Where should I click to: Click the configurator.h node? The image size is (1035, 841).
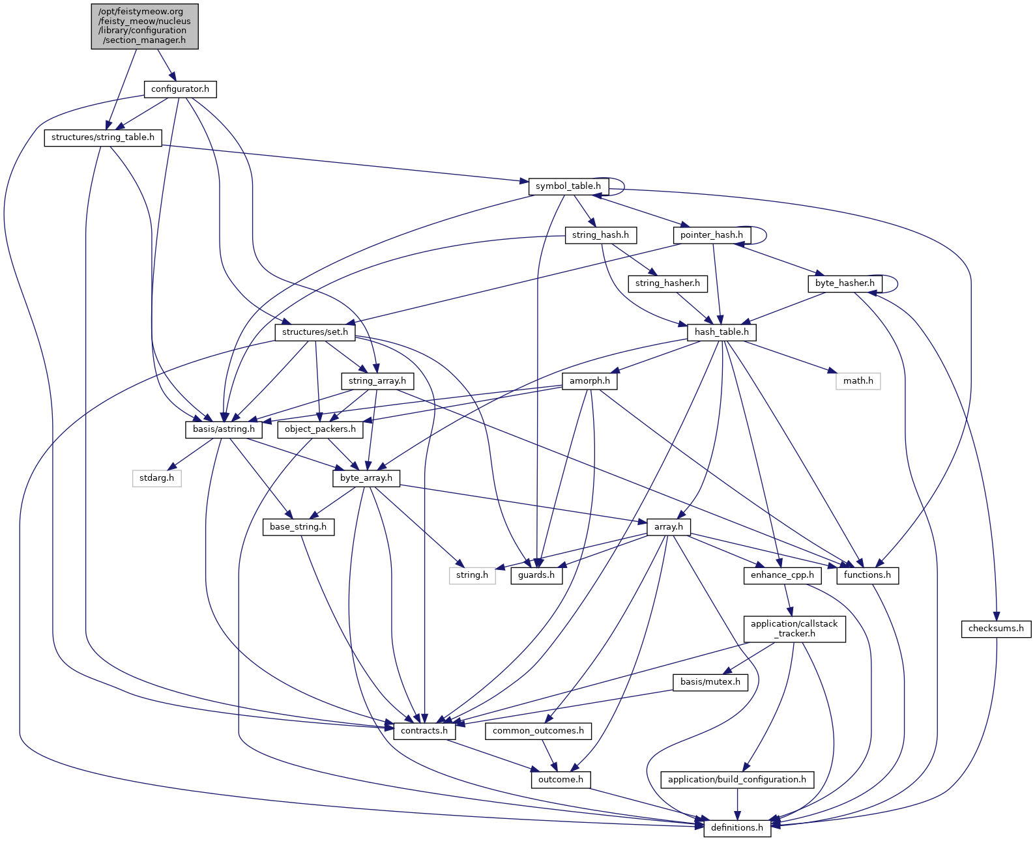coord(180,89)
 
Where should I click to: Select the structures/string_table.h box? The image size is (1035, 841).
coord(103,137)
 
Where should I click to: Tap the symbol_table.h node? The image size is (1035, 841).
coord(568,186)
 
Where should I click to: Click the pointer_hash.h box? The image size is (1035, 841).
coord(711,235)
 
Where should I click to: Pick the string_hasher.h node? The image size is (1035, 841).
coord(667,283)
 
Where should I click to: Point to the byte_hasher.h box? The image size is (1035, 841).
coord(845,283)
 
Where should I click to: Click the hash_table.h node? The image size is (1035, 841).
coord(722,332)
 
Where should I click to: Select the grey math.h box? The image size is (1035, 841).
coord(858,380)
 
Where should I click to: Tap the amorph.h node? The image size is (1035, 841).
coord(589,380)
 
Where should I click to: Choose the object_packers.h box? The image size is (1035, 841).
coord(320,429)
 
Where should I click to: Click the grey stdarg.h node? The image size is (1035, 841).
coord(157,478)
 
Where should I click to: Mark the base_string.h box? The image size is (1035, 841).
coord(299,526)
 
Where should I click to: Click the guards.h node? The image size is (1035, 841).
coord(536,575)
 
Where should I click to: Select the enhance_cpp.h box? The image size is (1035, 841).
coord(782,575)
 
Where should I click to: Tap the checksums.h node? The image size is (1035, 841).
coord(996,629)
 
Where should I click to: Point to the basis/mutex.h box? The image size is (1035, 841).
coord(710,682)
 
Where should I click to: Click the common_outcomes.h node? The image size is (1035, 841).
coord(538,731)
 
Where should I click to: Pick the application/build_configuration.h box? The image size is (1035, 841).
coord(737,779)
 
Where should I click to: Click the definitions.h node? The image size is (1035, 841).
coord(737,828)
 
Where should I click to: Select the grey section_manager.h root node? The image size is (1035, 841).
coord(145,26)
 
